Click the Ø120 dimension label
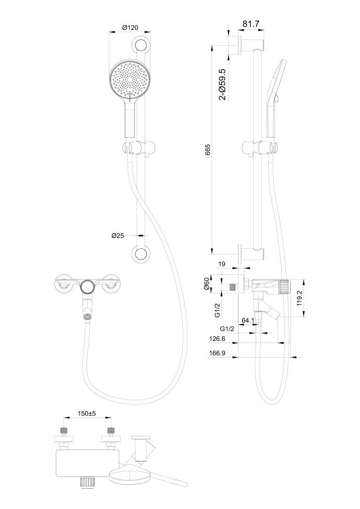[x=130, y=28]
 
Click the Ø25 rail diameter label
[x=117, y=236]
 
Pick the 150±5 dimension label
[x=87, y=413]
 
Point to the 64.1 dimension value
[x=248, y=321]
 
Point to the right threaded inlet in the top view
[x=111, y=431]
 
